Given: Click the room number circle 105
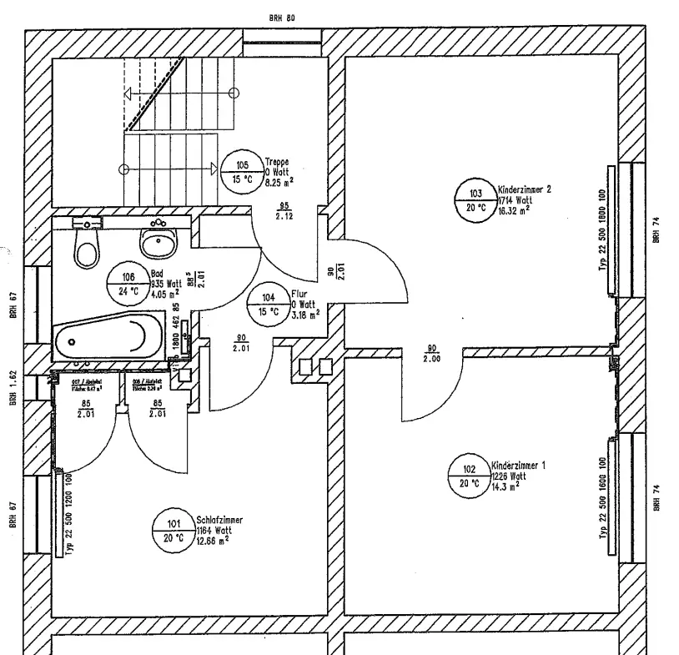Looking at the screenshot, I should tap(242, 173).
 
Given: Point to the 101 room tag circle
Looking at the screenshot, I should tap(174, 531).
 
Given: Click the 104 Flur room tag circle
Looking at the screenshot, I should tap(268, 305).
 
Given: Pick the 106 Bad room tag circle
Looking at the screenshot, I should tap(128, 285).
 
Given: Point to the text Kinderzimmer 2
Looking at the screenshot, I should tap(524, 189).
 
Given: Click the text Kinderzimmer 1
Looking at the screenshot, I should tap(518, 465).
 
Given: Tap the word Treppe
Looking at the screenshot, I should tap(277, 160).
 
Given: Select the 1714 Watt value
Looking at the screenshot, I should tap(515, 200).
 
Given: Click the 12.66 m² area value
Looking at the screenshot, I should tap(214, 540).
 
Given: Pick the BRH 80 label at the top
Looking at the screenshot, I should tap(283, 17).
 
